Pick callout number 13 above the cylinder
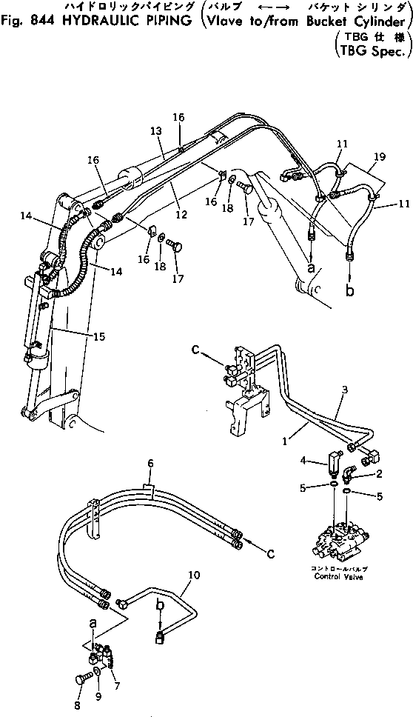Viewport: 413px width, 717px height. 155,131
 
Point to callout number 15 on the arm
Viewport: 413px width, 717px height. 99,336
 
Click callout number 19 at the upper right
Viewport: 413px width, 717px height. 380,157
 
